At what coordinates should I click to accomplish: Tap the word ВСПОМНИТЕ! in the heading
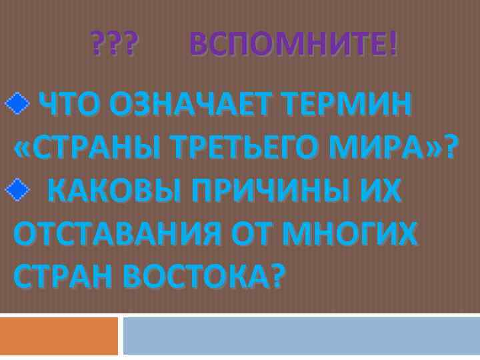coord(293,45)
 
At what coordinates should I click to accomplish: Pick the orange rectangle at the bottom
coord(59,335)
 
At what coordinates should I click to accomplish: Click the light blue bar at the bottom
coord(301,335)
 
